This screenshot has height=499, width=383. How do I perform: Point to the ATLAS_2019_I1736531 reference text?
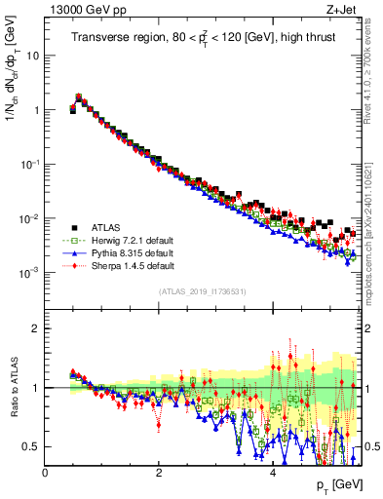(x=201, y=291)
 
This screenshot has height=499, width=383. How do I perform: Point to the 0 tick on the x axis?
(x=45, y=473)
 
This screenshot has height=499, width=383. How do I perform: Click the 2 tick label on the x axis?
(x=159, y=473)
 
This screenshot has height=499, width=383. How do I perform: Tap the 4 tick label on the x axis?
(x=273, y=473)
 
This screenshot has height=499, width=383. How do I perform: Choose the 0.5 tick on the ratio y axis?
(x=31, y=446)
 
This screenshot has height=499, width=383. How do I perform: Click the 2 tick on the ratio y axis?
(x=35, y=328)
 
